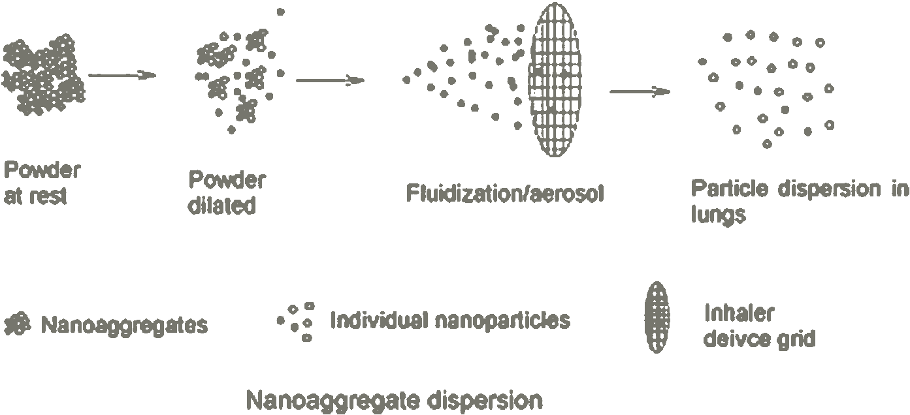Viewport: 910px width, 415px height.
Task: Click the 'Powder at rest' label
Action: (x=42, y=183)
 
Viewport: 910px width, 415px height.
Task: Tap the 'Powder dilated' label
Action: (x=226, y=192)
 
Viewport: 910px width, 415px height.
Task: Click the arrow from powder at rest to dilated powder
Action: (x=122, y=75)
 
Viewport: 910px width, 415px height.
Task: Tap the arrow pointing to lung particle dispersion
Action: (x=640, y=91)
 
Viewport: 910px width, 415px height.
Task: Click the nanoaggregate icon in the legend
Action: (x=18, y=324)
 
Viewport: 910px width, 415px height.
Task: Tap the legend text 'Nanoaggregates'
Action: (x=124, y=324)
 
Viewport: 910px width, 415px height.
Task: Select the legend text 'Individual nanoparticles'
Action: (x=450, y=320)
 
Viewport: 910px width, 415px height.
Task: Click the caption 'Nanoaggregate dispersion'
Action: (x=394, y=399)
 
